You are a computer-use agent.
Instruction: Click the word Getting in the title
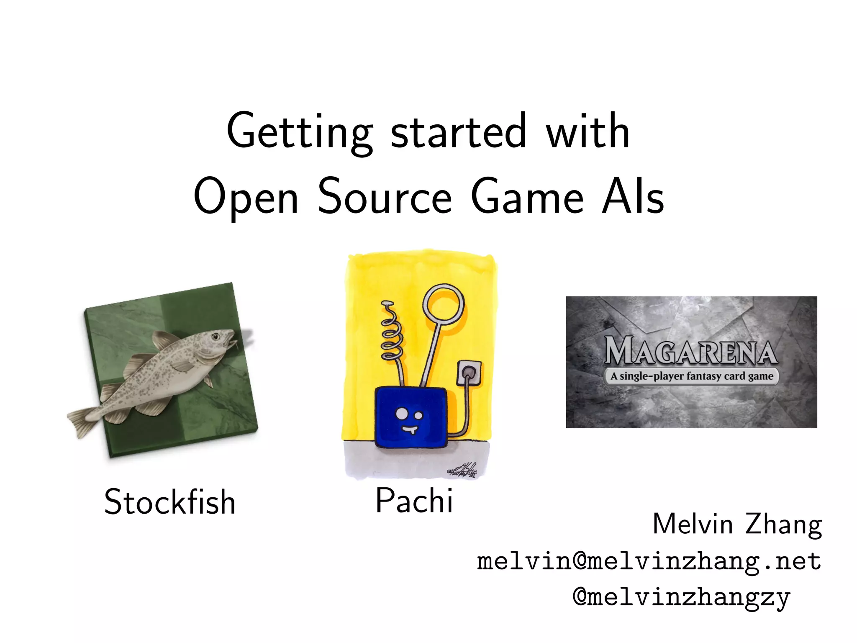coord(299,132)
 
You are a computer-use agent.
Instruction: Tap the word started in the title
coord(458,132)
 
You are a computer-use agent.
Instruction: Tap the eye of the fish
coord(216,336)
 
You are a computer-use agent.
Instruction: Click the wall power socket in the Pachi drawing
coord(469,372)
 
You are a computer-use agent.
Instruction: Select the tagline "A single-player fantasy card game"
coord(692,376)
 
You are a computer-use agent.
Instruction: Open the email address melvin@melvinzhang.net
coord(649,561)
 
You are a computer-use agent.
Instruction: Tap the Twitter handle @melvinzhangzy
coord(681,597)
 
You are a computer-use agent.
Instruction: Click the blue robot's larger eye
coord(401,413)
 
